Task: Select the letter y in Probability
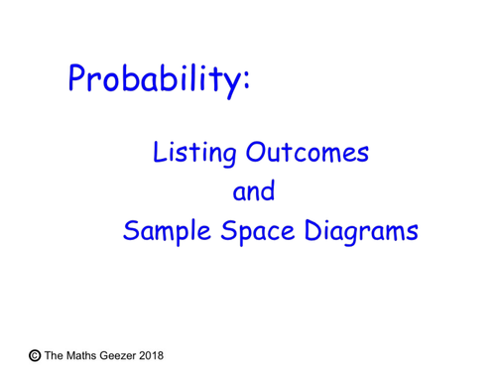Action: (x=230, y=85)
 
